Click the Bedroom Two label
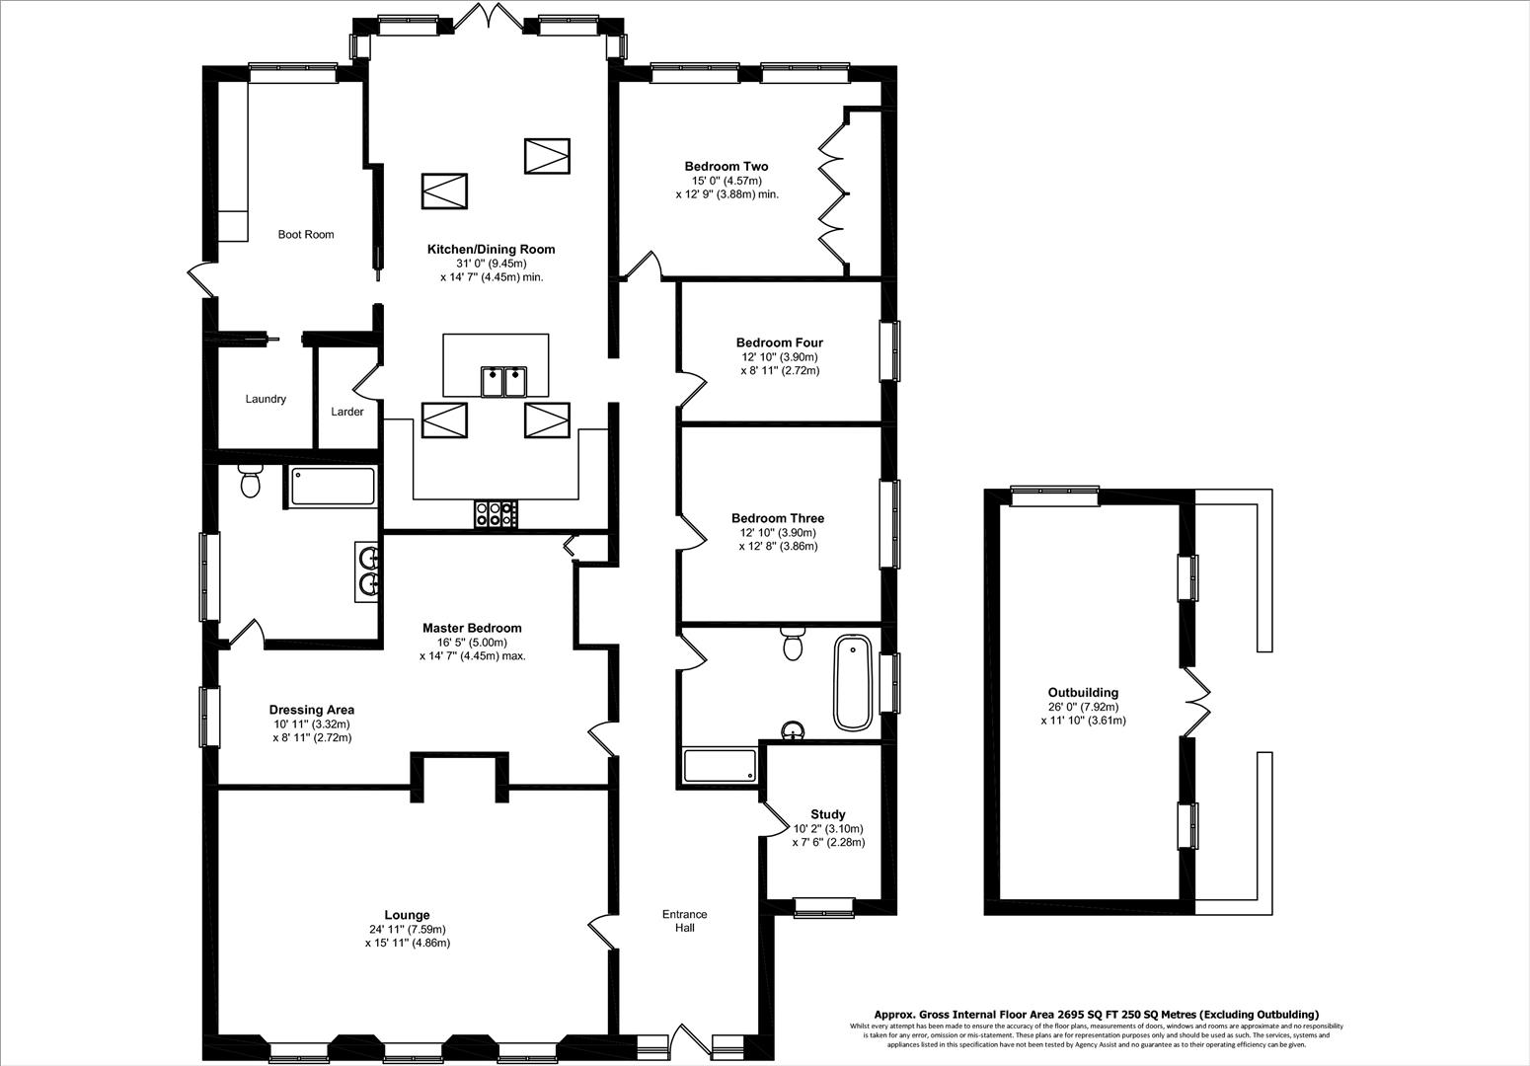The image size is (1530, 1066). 727,167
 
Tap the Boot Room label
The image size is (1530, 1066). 305,235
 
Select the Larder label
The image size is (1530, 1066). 347,412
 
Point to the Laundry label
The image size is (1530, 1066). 266,400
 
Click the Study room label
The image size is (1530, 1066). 827,814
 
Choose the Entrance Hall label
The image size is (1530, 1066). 684,921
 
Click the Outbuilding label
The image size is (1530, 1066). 1083,693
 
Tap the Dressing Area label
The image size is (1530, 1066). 311,710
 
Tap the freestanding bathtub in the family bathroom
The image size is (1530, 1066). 852,683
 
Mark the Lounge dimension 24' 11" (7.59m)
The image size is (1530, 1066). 407,929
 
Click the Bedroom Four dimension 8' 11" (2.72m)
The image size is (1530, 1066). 780,371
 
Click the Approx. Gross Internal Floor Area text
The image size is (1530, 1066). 1096,1014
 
